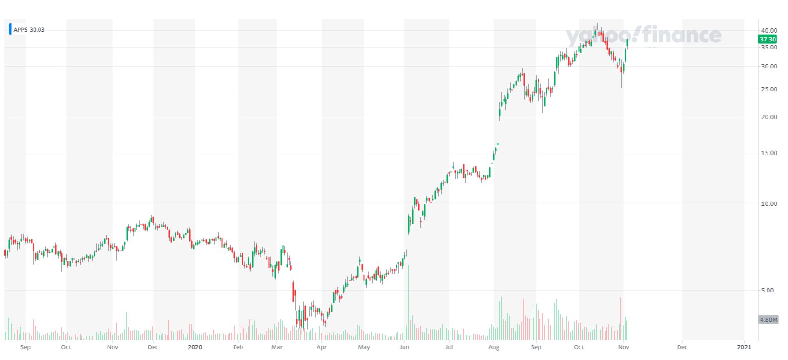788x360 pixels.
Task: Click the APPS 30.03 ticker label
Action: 29,30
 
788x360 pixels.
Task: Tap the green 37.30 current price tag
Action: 768,39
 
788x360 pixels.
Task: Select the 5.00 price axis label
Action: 769,290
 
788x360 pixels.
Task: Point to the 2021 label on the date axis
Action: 744,347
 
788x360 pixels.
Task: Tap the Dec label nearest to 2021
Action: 682,347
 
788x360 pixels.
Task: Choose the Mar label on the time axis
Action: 277,347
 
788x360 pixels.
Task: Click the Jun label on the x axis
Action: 404,347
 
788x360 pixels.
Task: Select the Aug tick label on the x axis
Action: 494,347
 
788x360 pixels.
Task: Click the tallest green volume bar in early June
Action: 408,303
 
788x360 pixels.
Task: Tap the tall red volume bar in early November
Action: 621,319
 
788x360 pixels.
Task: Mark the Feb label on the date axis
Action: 238,347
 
